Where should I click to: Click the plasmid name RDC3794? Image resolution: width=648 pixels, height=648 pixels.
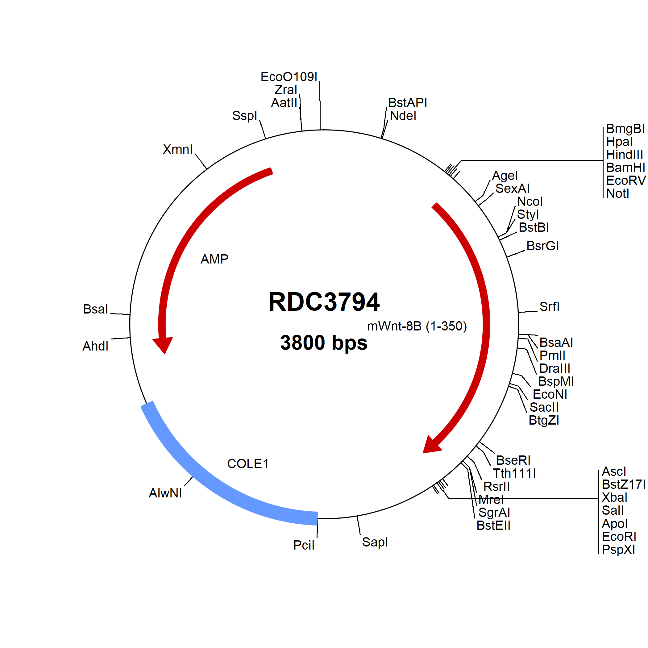[324, 301]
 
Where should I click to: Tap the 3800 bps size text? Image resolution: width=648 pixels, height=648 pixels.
[324, 343]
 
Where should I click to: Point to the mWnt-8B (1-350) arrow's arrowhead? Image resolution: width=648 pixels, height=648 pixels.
[430, 445]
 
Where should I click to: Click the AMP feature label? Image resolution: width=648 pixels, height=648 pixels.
[214, 259]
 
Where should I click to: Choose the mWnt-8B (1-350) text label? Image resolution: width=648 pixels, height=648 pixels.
[417, 326]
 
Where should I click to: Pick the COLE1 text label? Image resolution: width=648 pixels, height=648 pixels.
[248, 463]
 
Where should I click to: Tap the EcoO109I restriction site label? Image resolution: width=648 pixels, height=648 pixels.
[289, 77]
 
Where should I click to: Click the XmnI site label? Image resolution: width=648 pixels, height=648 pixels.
[178, 149]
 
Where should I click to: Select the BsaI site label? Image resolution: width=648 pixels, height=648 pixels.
[96, 309]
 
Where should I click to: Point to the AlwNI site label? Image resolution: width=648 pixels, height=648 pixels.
[165, 493]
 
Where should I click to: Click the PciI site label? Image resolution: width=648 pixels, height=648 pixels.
[304, 545]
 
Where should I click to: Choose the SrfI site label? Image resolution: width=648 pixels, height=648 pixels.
[549, 306]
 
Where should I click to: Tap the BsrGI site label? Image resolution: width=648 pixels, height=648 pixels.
[543, 246]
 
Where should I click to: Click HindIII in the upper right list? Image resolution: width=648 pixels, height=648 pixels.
[625, 155]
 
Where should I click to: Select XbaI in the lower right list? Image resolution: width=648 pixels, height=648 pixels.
[614, 497]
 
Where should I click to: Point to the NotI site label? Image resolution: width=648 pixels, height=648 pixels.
[617, 193]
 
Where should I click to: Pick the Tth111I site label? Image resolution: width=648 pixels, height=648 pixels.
[514, 473]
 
